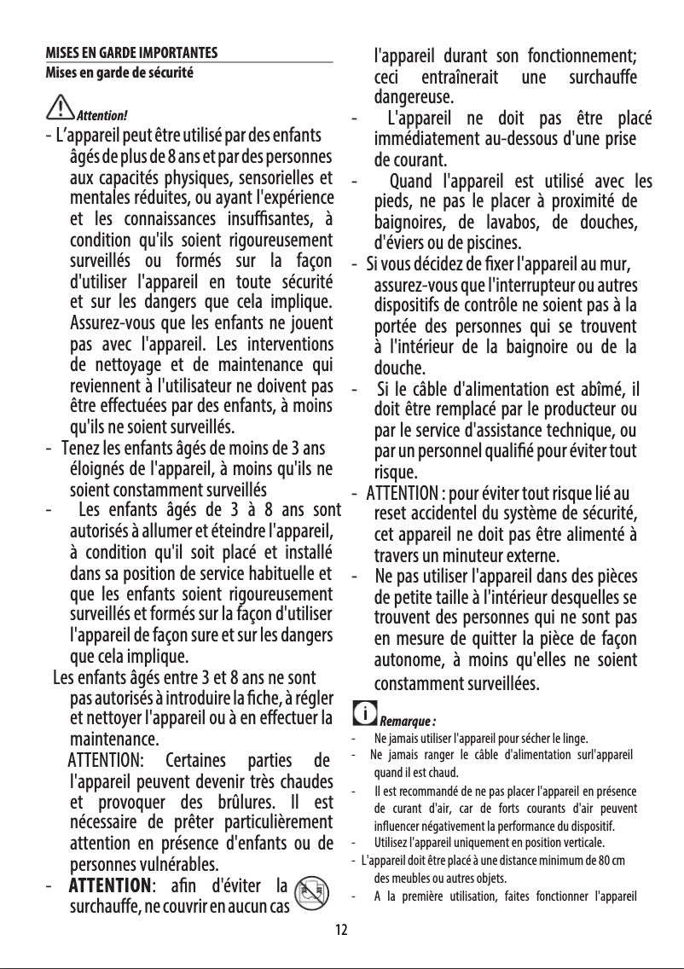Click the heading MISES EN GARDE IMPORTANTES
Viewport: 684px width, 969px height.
tap(132, 52)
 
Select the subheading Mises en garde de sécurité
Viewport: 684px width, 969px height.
tap(120, 72)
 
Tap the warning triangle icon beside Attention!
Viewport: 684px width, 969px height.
tap(61, 108)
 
